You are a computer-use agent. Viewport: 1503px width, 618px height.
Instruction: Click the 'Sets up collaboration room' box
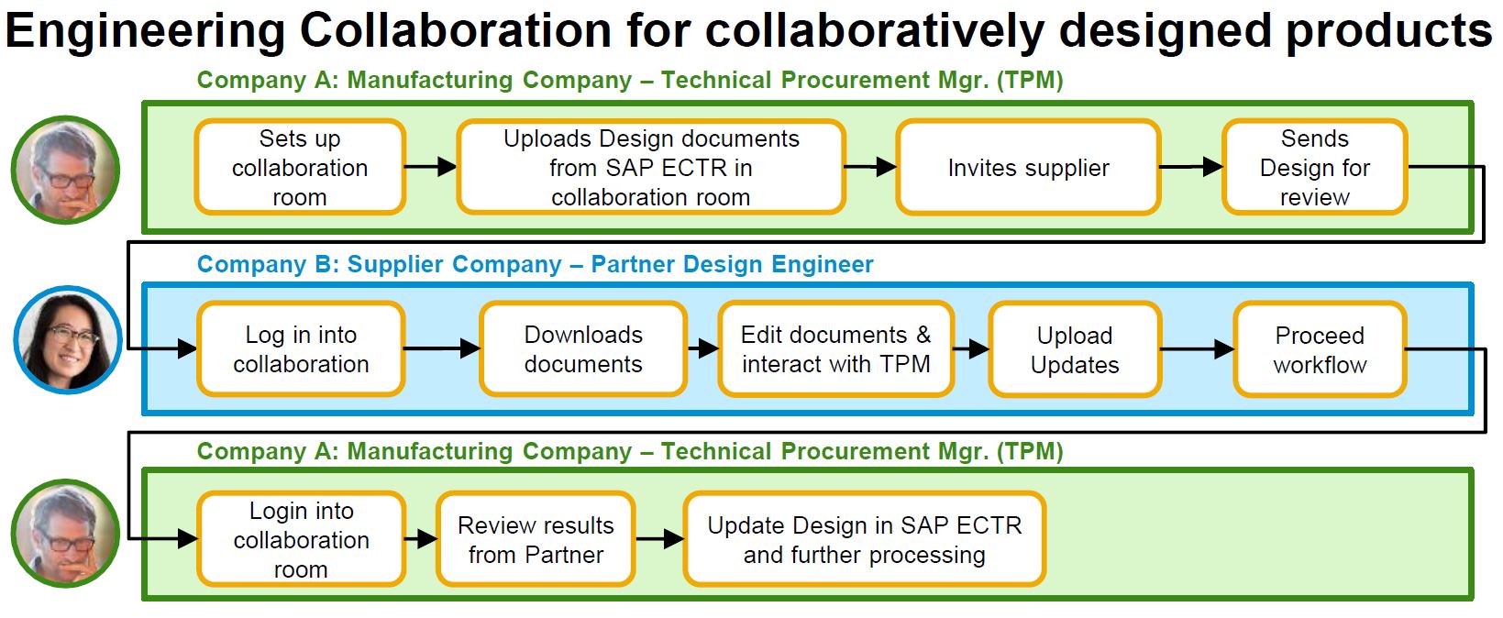pyautogui.click(x=300, y=167)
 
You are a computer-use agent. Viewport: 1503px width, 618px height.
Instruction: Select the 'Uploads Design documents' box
pyautogui.click(x=651, y=167)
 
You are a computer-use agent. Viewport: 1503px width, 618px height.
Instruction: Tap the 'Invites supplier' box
pyautogui.click(x=1029, y=167)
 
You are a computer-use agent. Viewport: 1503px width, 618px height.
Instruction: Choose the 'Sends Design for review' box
pyautogui.click(x=1314, y=167)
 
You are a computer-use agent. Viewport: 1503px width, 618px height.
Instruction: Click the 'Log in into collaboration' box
pyautogui.click(x=302, y=349)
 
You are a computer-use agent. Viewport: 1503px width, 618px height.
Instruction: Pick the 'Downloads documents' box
pyautogui.click(x=583, y=349)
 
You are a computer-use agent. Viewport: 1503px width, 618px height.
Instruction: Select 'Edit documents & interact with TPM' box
pyautogui.click(x=836, y=349)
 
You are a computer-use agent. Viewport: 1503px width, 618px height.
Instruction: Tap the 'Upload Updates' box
pyautogui.click(x=1075, y=349)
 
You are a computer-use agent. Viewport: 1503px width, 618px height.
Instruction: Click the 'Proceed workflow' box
pyautogui.click(x=1320, y=349)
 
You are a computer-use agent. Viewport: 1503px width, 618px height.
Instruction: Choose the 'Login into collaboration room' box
pyautogui.click(x=302, y=539)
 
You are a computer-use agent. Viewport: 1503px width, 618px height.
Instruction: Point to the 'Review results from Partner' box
pyautogui.click(x=536, y=539)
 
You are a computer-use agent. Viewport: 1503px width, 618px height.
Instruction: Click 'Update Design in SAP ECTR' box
pyautogui.click(x=864, y=539)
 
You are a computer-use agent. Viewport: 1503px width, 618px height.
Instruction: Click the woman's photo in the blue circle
pyautogui.click(x=68, y=339)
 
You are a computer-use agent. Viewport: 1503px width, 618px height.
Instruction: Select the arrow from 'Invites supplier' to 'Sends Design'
pyautogui.click(x=1191, y=166)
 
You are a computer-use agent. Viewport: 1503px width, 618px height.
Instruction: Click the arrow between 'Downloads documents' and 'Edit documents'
pyautogui.click(x=702, y=348)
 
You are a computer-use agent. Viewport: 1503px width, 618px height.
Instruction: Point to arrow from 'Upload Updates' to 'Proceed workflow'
pyautogui.click(x=1198, y=349)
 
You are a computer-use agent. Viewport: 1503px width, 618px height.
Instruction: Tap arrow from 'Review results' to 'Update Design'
pyautogui.click(x=659, y=538)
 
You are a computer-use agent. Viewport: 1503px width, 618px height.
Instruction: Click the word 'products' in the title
pyautogui.click(x=1388, y=31)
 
